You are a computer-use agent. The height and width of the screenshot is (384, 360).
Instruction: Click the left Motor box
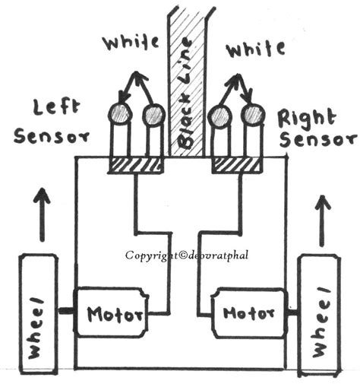point(112,313)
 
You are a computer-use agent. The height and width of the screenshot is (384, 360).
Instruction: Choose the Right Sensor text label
point(315,129)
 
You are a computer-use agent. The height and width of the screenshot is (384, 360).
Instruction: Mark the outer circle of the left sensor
point(119,114)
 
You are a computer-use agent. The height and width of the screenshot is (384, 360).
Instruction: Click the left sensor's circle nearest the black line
point(153,115)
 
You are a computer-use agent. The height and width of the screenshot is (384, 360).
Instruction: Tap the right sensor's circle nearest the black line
point(219,116)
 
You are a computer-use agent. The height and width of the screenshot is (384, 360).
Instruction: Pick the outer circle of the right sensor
point(253,115)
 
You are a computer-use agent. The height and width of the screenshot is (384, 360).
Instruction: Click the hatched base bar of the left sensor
point(137,164)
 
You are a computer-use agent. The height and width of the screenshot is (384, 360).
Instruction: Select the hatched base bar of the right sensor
point(237,164)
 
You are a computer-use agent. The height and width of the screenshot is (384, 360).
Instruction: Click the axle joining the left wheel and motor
point(65,311)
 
